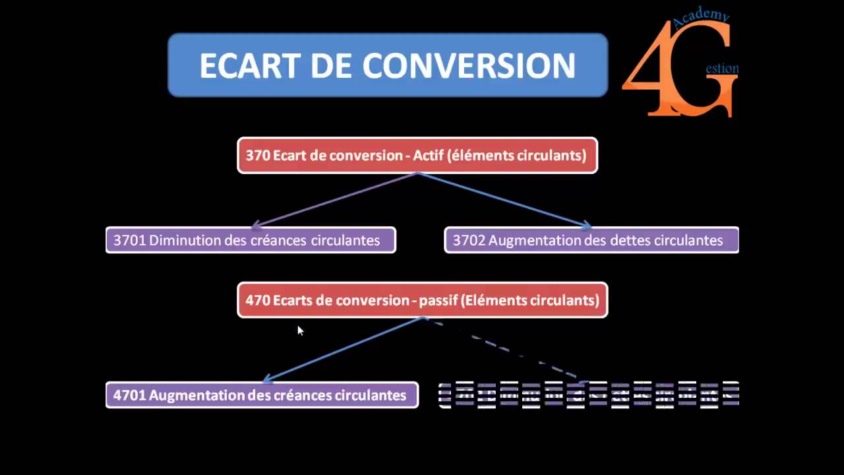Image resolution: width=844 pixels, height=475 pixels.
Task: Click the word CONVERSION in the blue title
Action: click(x=469, y=66)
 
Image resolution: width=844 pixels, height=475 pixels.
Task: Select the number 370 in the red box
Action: click(x=257, y=156)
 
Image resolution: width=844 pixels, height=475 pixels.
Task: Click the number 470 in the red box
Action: click(x=258, y=301)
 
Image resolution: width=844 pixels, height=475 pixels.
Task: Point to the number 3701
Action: click(x=129, y=240)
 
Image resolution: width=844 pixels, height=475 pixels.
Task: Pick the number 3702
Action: click(x=469, y=240)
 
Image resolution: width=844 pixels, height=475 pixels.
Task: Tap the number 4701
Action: click(x=129, y=395)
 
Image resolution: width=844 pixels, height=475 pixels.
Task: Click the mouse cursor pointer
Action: click(x=300, y=331)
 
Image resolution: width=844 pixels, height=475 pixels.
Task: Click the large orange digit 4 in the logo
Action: click(x=649, y=73)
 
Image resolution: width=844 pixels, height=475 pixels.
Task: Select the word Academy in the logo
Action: click(x=701, y=18)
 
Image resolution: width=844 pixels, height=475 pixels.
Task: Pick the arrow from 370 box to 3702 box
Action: click(x=504, y=200)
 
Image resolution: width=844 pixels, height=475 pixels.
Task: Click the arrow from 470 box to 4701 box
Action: click(x=343, y=350)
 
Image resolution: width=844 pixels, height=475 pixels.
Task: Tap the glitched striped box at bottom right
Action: click(x=589, y=395)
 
